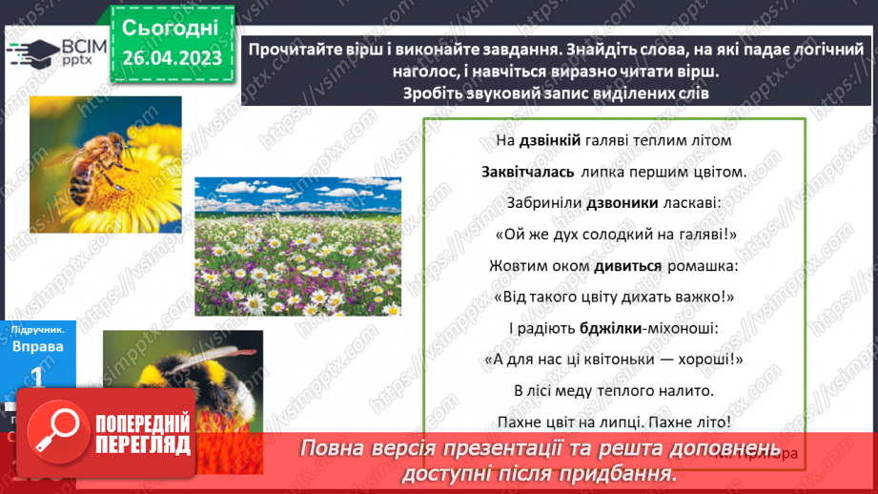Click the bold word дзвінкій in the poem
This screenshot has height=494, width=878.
click(550, 141)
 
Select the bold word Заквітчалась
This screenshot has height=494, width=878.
click(527, 173)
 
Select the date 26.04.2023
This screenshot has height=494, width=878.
click(172, 57)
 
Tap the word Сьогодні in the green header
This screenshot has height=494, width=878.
click(170, 26)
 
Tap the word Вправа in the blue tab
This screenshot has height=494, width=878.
click(37, 346)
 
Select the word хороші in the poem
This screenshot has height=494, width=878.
click(711, 359)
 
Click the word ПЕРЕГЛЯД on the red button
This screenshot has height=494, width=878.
click(142, 444)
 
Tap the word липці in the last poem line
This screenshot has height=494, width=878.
click(623, 421)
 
